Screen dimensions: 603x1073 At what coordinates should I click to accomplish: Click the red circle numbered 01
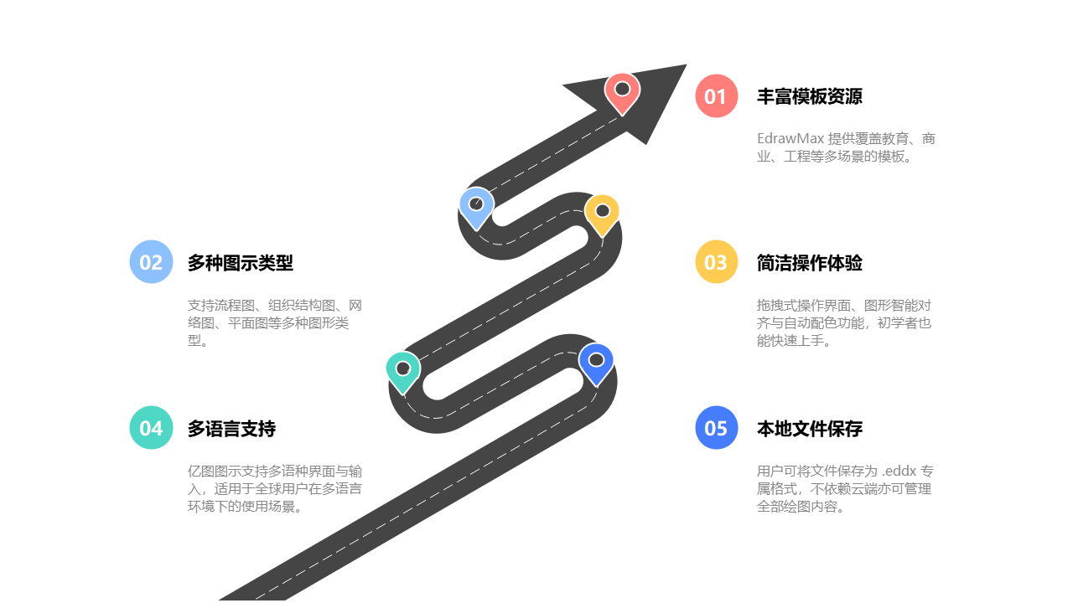point(716,96)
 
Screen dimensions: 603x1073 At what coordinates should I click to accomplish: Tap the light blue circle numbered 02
point(151,262)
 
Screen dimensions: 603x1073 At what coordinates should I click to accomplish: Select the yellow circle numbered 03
point(716,262)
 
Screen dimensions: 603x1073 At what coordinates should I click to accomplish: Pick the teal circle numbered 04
point(151,428)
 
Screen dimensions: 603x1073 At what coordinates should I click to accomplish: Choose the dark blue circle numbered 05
point(716,428)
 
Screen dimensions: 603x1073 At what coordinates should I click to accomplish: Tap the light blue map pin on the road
point(476,207)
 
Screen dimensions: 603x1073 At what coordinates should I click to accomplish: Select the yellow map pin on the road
point(602,214)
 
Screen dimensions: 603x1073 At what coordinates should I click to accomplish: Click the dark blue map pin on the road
point(596,363)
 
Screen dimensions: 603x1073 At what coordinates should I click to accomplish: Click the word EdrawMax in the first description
point(790,138)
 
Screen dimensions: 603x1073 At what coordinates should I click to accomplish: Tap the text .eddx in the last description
point(901,471)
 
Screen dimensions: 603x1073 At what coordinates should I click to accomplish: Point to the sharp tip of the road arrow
point(688,63)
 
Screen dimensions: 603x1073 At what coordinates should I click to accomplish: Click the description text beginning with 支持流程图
point(275,322)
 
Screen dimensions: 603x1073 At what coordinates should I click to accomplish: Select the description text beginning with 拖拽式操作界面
point(843,322)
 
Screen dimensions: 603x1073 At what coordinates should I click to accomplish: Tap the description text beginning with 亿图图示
point(275,488)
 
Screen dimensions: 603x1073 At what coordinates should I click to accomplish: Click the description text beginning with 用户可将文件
point(843,488)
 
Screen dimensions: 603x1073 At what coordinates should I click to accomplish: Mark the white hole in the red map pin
point(622,88)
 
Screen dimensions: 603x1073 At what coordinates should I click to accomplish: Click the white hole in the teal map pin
point(402,368)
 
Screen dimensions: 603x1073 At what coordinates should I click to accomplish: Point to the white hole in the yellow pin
point(602,210)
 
